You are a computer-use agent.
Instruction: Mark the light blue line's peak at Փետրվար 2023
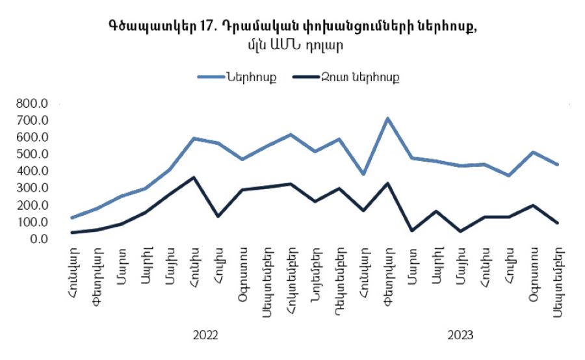[388, 118]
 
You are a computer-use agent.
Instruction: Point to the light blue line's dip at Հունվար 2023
[364, 174]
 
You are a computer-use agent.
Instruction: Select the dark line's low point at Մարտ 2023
[412, 230]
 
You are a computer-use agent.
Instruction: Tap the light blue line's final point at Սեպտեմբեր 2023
[557, 164]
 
